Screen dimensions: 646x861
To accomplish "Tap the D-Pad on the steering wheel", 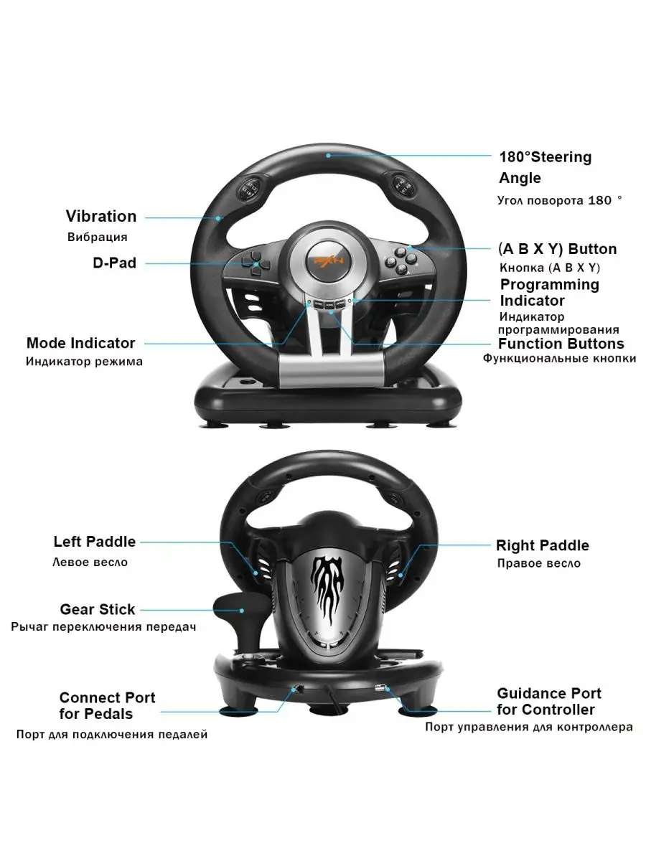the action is (x=253, y=263).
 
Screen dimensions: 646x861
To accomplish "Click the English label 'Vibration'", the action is (x=101, y=216).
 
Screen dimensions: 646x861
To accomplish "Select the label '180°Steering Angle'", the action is (x=545, y=166).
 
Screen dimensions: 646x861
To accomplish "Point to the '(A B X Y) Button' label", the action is (x=557, y=249).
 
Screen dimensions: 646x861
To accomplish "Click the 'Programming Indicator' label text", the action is (x=549, y=292).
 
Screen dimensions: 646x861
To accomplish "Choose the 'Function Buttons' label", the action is (x=561, y=343).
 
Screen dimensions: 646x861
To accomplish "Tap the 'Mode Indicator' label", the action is (x=80, y=343).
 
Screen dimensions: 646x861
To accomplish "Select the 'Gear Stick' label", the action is (x=98, y=609).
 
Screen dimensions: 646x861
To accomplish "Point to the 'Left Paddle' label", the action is (x=94, y=542).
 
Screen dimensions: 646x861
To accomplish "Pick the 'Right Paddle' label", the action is (x=543, y=545).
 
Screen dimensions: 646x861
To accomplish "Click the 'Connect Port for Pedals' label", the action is (x=107, y=705).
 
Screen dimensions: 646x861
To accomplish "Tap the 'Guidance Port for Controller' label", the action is (x=549, y=701).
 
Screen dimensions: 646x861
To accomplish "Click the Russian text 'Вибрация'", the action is (x=98, y=237).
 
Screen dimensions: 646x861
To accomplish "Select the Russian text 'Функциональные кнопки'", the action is (x=559, y=358).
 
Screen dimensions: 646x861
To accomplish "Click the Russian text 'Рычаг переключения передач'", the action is (x=104, y=626).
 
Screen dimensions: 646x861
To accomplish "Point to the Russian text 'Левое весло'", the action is (x=90, y=562).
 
